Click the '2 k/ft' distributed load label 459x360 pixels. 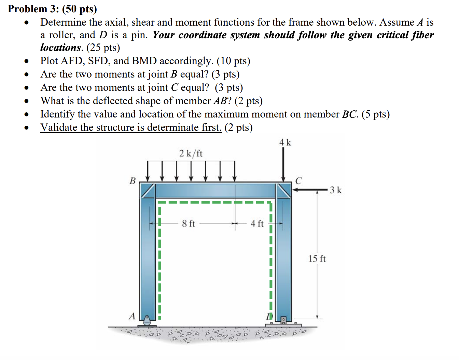(191, 154)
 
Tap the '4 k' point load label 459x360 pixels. (285, 142)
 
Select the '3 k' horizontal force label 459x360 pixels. (335, 190)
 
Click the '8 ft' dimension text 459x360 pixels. (188, 224)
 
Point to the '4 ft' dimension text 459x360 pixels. (257, 224)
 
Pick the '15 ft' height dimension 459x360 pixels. (317, 259)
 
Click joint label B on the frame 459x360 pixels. (133, 181)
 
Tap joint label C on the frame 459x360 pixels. (298, 181)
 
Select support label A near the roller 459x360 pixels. (132, 316)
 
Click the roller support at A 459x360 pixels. (147, 321)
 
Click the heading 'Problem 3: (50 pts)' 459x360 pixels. (52, 9)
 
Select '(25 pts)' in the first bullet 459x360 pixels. (103, 47)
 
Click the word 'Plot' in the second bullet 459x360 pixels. (49, 61)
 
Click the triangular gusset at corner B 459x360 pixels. (148, 190)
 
